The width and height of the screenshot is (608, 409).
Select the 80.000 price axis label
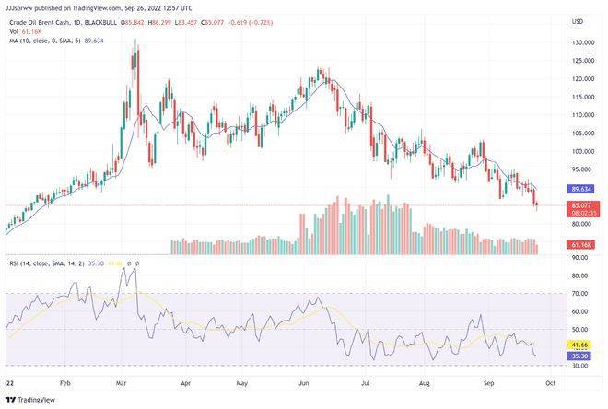click(580, 225)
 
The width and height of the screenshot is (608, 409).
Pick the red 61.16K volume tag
click(580, 245)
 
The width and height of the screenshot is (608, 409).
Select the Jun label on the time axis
click(305, 380)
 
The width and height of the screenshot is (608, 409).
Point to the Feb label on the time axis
click(64, 380)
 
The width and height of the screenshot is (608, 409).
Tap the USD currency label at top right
click(578, 21)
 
